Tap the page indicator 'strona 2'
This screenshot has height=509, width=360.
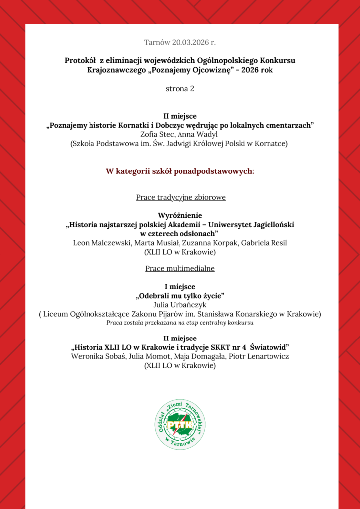[180, 89]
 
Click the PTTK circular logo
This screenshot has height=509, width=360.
[180, 424]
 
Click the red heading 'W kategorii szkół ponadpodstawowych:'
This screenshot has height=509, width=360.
[180, 171]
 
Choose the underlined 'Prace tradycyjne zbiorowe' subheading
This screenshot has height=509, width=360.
[181, 197]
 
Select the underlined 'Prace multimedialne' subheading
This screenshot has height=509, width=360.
[180, 269]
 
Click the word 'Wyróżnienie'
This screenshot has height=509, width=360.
[180, 215]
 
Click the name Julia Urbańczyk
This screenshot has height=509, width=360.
[180, 305]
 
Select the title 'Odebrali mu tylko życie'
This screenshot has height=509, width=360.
[180, 296]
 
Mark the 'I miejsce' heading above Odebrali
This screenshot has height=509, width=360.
[180, 287]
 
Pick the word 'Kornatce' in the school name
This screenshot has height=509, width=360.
[272, 144]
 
